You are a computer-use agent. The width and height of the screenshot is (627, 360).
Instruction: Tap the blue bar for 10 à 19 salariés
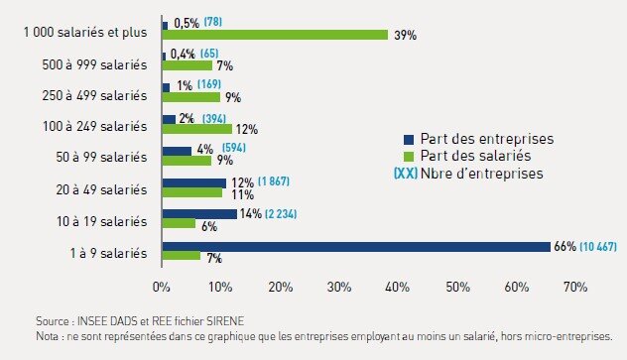(x=199, y=214)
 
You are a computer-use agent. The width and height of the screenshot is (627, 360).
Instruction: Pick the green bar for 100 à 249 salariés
(x=196, y=129)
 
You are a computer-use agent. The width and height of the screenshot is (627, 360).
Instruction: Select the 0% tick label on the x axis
(x=161, y=288)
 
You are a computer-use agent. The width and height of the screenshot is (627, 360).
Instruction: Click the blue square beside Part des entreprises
(x=407, y=139)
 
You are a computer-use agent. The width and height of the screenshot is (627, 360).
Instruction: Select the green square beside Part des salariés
(x=407, y=156)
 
